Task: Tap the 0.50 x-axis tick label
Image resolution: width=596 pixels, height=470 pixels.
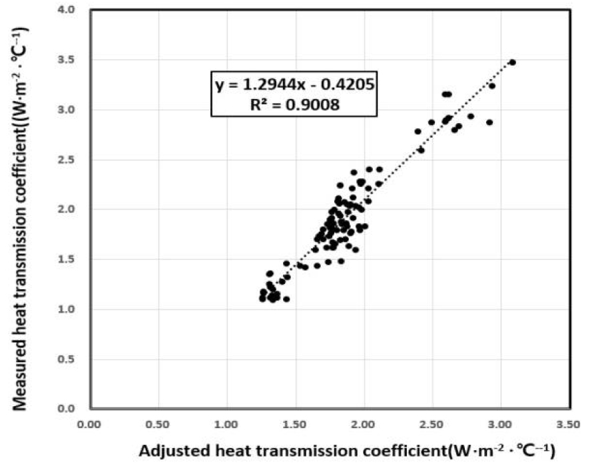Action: pyautogui.click(x=158, y=423)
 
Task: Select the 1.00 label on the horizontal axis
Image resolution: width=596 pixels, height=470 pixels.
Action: pyautogui.click(x=226, y=423)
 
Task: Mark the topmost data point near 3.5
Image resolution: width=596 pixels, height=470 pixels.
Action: pyautogui.click(x=512, y=62)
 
